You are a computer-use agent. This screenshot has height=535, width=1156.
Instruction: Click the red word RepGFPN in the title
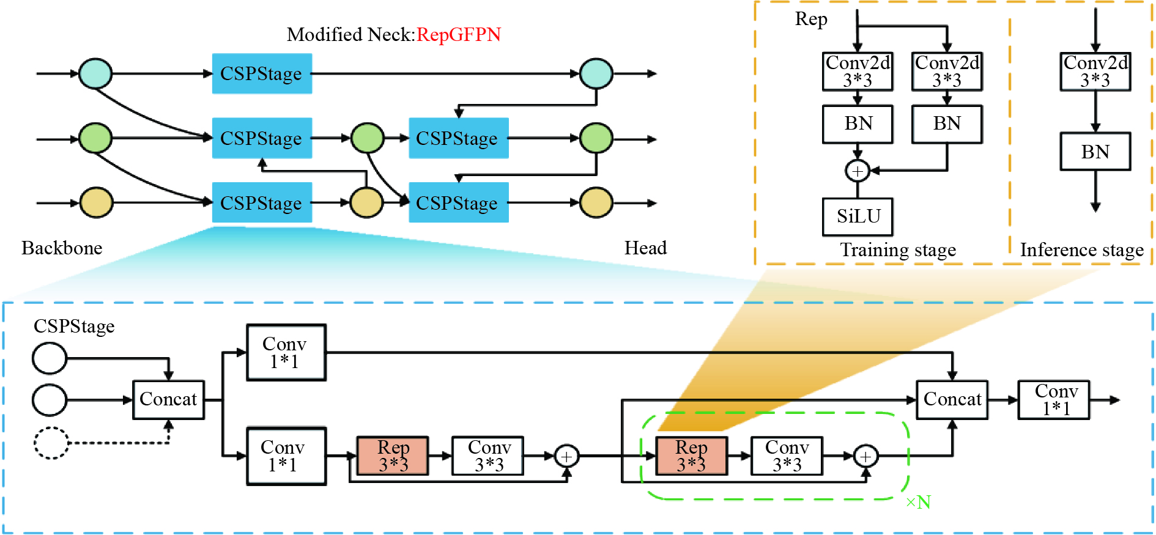click(x=458, y=35)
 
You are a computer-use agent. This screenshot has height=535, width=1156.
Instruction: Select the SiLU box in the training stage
click(x=858, y=216)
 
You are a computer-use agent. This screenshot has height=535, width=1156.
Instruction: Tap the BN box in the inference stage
click(x=1095, y=152)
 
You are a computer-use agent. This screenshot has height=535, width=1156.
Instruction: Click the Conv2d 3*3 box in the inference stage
click(x=1095, y=72)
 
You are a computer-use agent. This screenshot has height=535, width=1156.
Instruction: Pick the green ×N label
click(x=918, y=503)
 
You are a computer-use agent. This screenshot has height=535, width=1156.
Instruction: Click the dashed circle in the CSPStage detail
click(x=51, y=443)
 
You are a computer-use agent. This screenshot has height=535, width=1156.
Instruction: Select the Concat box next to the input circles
click(x=168, y=399)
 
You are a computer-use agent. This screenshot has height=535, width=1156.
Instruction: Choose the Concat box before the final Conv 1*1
click(x=952, y=399)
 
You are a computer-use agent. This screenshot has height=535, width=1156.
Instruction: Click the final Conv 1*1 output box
click(x=1054, y=399)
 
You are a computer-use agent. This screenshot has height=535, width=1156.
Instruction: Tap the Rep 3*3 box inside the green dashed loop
click(x=691, y=456)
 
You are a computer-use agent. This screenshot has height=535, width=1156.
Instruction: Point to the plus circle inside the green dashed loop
click(x=865, y=456)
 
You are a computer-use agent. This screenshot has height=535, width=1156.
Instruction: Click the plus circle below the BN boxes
click(x=857, y=171)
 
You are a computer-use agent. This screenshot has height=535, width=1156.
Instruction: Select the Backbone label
click(x=62, y=248)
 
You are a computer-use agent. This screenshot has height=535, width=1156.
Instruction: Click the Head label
click(x=645, y=248)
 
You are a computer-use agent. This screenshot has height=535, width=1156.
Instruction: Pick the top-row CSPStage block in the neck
click(x=262, y=73)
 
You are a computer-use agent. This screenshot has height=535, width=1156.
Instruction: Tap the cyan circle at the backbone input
click(x=95, y=73)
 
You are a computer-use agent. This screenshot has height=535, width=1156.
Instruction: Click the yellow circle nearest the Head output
click(x=596, y=203)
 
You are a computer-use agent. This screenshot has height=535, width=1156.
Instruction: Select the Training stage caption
click(x=897, y=250)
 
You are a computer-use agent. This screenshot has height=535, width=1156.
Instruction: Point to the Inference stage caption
click(x=1081, y=250)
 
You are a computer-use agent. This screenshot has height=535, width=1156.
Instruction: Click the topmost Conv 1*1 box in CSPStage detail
click(x=286, y=352)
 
